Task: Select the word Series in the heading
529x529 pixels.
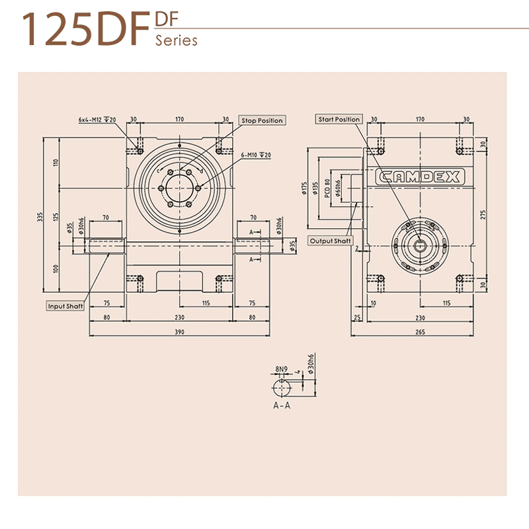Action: tap(177, 41)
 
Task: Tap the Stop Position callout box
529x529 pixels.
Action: tap(262, 120)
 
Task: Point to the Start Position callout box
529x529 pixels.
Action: tap(339, 120)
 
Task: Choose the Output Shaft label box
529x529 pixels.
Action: tap(331, 241)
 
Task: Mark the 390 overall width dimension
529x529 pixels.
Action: tap(179, 332)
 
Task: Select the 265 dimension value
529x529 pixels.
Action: tap(420, 332)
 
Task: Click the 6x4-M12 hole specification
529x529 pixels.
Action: tap(97, 120)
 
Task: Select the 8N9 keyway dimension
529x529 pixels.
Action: tap(282, 367)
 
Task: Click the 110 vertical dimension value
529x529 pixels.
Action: tap(56, 163)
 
